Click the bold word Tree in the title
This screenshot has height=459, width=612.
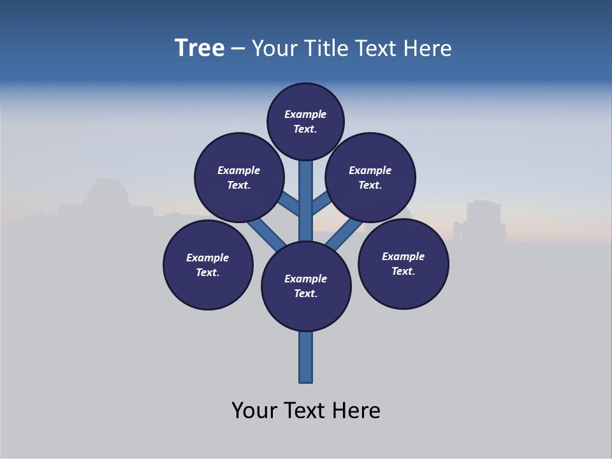coord(200,48)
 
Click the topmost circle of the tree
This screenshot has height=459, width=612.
coord(305,121)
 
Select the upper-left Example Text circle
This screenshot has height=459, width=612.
coord(238,177)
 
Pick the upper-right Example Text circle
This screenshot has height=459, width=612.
coord(370,177)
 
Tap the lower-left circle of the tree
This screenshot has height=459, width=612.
coord(208,265)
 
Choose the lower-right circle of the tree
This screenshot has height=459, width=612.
coord(403,263)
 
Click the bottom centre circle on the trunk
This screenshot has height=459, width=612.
coord(306,286)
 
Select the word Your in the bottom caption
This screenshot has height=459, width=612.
coord(254,411)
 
